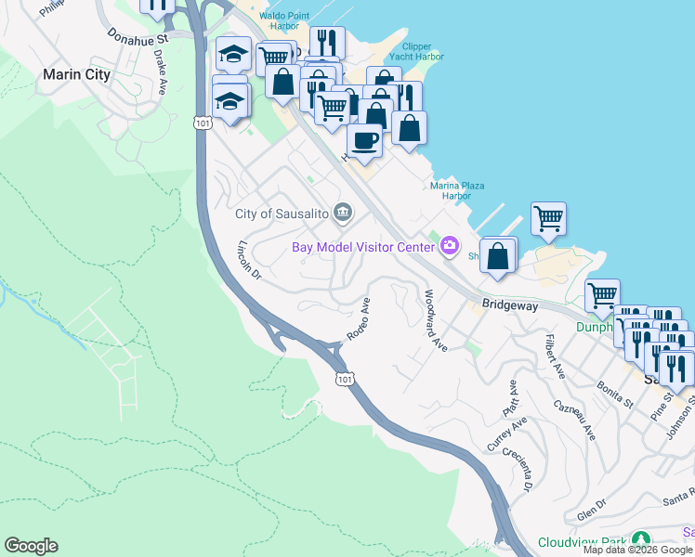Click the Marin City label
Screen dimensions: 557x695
click(76, 75)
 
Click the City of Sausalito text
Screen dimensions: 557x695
click(282, 214)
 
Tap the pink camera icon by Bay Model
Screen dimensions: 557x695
click(450, 246)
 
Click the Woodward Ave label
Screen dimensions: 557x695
click(435, 320)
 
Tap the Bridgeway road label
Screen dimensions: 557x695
click(510, 304)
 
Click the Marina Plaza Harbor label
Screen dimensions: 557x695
click(456, 190)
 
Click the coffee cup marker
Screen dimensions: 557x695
click(364, 141)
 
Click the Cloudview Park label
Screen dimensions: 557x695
click(582, 541)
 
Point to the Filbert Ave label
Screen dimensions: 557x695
click(556, 356)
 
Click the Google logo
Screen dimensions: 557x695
click(31, 546)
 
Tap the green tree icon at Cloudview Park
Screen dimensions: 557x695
click(640, 539)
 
